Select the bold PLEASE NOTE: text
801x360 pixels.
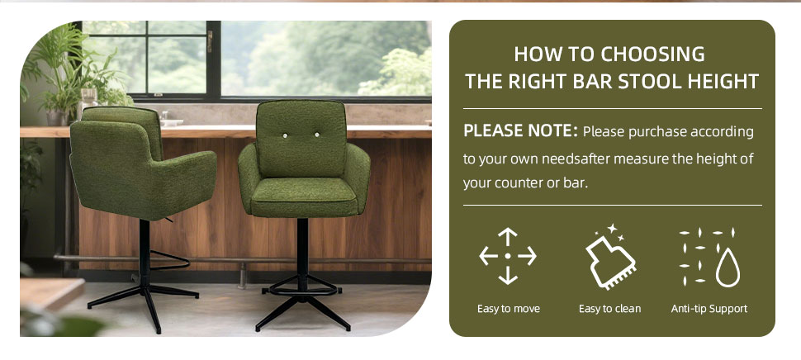tap(520, 131)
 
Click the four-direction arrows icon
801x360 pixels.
tap(508, 256)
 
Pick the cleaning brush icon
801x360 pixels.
tap(610, 263)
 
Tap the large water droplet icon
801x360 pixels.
tap(728, 268)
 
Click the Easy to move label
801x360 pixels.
tap(509, 309)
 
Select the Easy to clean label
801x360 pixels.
tap(609, 309)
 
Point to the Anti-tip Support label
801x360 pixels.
tap(709, 309)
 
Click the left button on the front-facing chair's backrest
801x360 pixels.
tap(285, 135)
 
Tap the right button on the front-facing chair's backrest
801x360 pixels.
tap(317, 135)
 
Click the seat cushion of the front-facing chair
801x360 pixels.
tap(304, 195)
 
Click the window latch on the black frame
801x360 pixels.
tap(210, 41)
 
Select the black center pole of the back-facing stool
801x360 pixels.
tap(145, 253)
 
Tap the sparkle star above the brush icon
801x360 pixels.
tap(613, 228)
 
